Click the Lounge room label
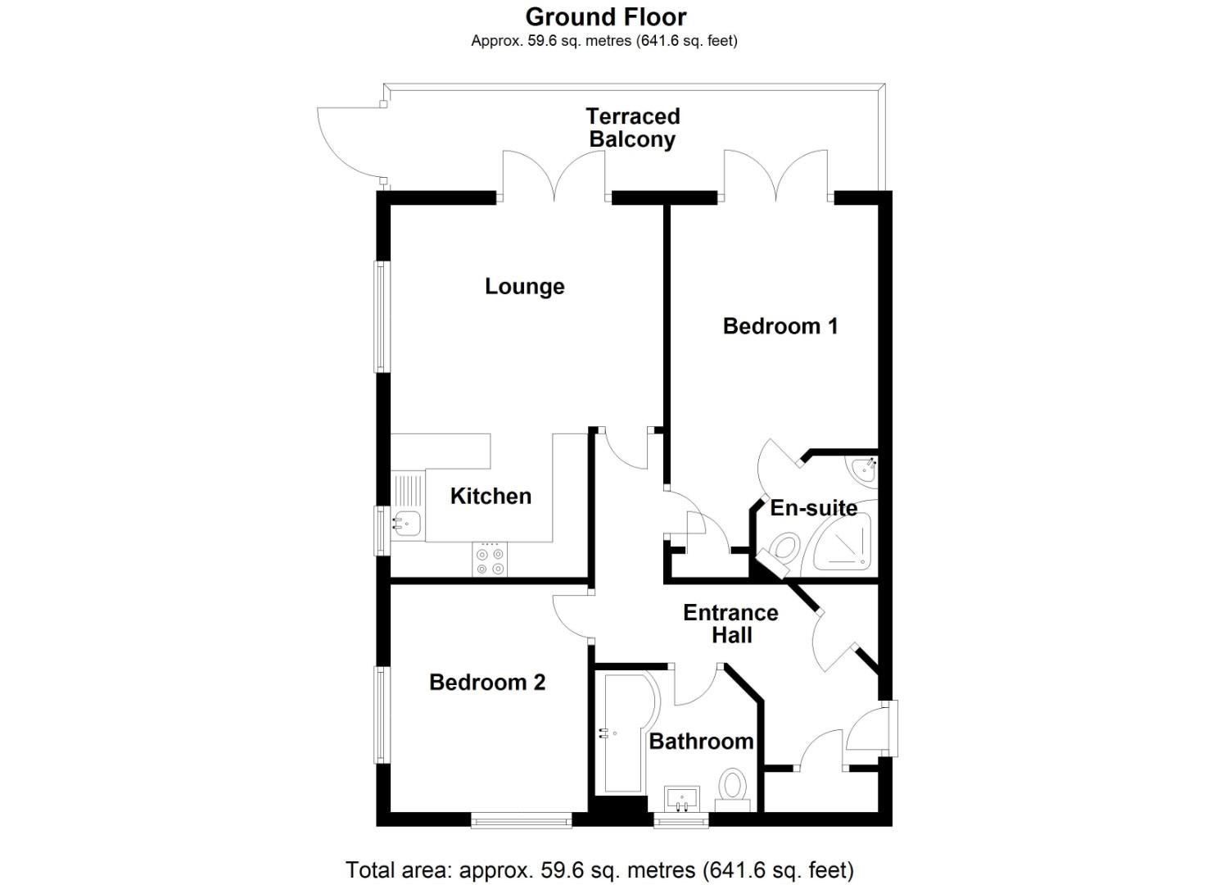pyautogui.click(x=524, y=287)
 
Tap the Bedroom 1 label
pyautogui.click(x=780, y=326)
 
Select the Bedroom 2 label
pyautogui.click(x=486, y=683)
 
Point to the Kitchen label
pyautogui.click(x=490, y=496)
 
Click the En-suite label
pyautogui.click(x=813, y=508)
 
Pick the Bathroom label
pyautogui.click(x=701, y=742)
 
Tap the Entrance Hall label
pyautogui.click(x=730, y=624)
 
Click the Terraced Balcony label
pyautogui.click(x=633, y=128)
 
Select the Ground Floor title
pyautogui.click(x=606, y=16)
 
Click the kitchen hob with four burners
pyautogui.click(x=490, y=560)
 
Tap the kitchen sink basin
pyautogui.click(x=407, y=521)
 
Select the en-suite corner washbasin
pyautogui.click(x=865, y=470)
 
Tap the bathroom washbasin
pyautogui.click(x=681, y=797)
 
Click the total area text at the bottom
pyautogui.click(x=599, y=869)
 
